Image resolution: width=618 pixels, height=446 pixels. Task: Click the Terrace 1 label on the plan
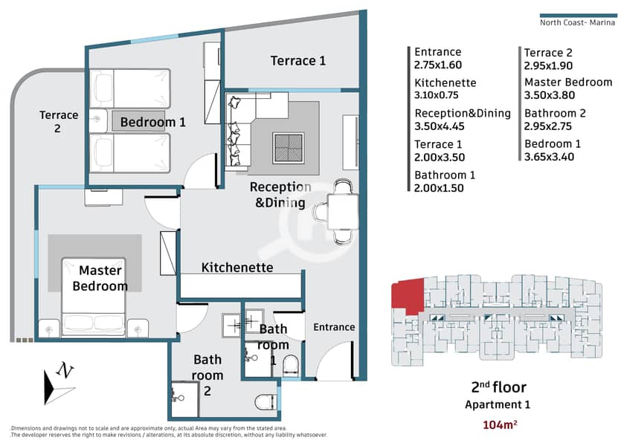point(298,61)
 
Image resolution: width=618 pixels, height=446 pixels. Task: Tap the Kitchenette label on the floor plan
point(237,268)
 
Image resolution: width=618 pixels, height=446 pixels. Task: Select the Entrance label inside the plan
point(334,327)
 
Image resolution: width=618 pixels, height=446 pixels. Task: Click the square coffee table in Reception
point(289,148)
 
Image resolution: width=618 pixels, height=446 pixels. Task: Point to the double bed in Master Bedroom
point(94,297)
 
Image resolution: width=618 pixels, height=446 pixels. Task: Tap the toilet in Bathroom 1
point(292,365)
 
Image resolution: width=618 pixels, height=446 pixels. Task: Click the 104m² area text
point(500,424)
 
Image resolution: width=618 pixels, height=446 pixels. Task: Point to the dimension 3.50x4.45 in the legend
point(440,126)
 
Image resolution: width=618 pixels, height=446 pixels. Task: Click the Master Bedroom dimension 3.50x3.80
point(550,95)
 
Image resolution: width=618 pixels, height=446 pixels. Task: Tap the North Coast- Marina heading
point(577,22)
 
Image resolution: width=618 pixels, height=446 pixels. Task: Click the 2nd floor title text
point(498,387)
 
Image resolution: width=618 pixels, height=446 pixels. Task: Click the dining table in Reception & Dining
point(343,212)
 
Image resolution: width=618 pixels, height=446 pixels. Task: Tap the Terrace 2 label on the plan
point(58,121)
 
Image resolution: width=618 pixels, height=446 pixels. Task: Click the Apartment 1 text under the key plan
point(498,404)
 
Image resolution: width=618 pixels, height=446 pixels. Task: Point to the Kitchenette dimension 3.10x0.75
point(437,95)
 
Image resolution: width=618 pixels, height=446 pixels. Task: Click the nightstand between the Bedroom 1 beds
point(97,120)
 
